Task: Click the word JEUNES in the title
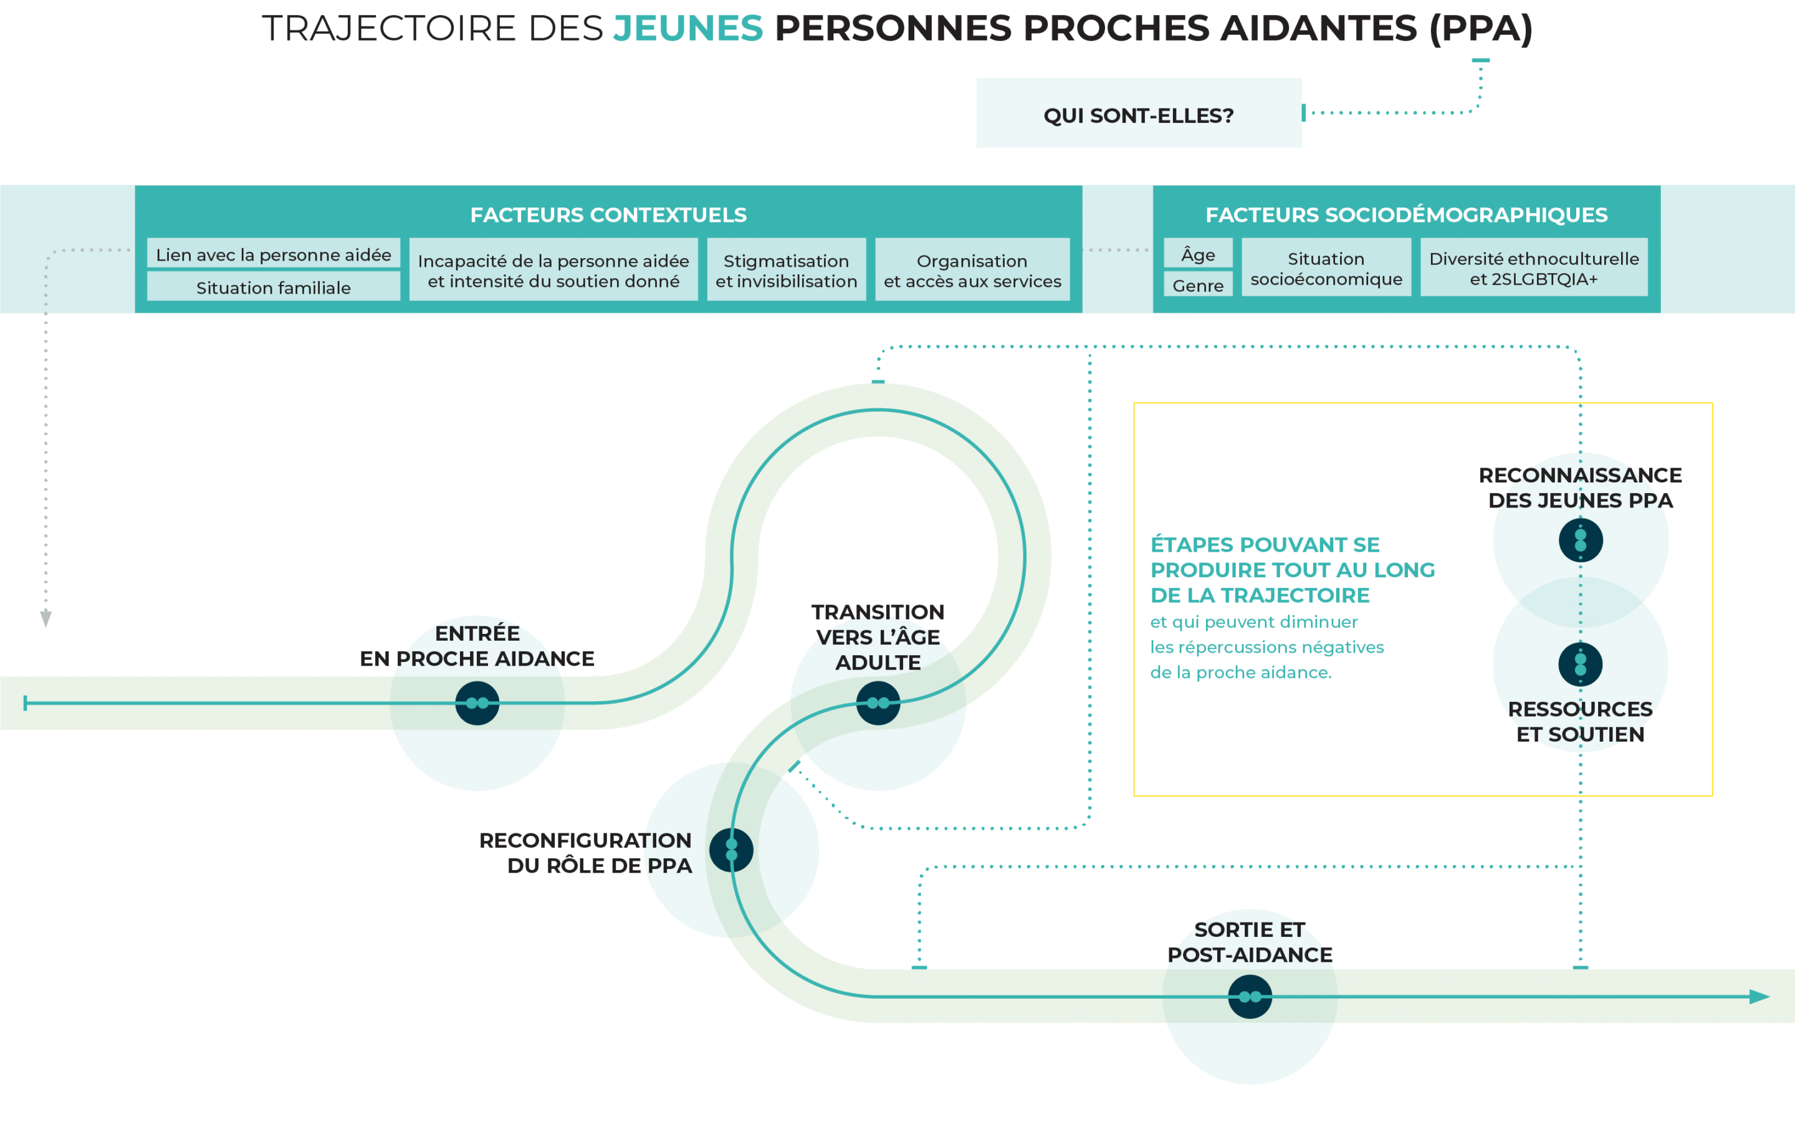(x=687, y=29)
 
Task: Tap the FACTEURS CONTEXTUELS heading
(x=608, y=215)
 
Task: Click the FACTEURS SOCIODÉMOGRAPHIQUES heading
(x=1406, y=215)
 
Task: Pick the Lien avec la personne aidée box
(x=273, y=254)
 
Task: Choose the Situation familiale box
(x=273, y=287)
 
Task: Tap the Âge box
(x=1198, y=254)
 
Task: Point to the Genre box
(x=1198, y=285)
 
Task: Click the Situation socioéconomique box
(x=1326, y=268)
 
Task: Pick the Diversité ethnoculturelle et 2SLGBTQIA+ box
(x=1534, y=268)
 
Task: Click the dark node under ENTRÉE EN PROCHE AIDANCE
(x=477, y=702)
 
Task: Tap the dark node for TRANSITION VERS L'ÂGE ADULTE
(x=878, y=702)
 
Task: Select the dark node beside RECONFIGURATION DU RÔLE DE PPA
(x=731, y=850)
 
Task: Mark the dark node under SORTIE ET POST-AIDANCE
(x=1250, y=997)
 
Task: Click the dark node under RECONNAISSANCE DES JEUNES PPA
(x=1581, y=540)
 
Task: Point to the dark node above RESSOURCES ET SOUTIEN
(x=1581, y=664)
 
